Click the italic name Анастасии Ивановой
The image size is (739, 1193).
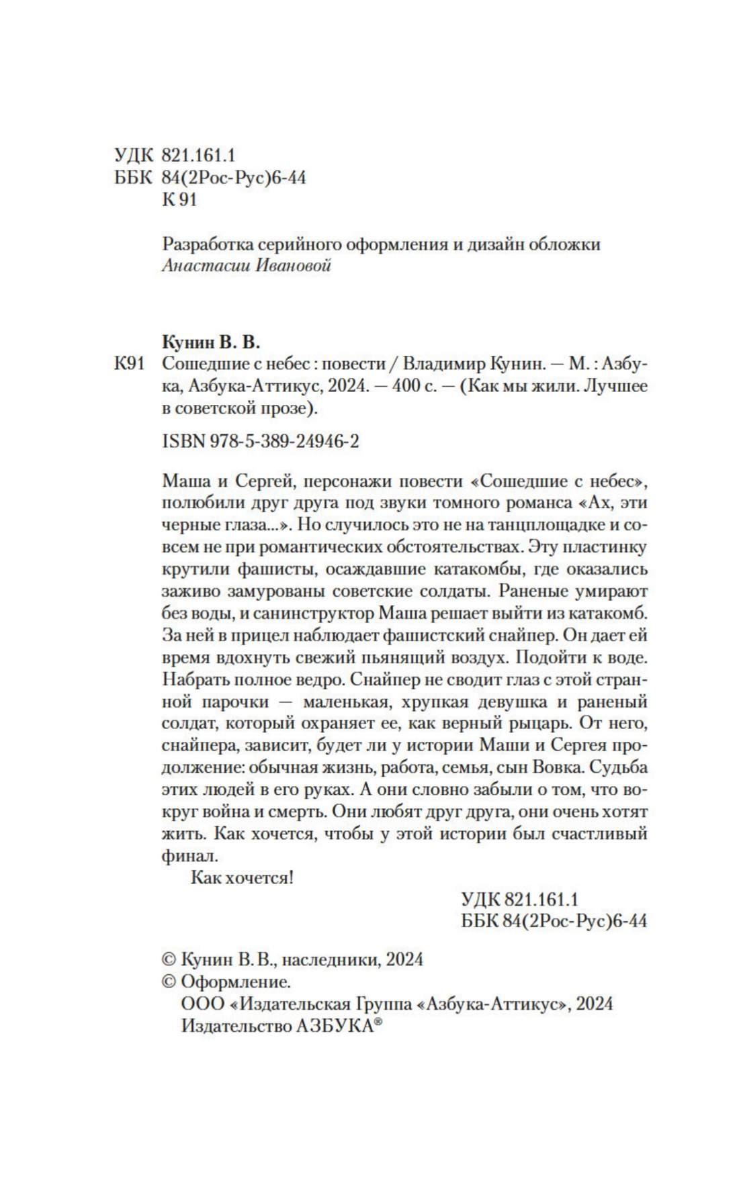(247, 266)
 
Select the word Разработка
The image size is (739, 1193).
(202, 244)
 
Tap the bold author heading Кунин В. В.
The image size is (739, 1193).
(210, 342)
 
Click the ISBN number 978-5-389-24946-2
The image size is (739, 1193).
(276, 440)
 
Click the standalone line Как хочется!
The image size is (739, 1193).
(242, 877)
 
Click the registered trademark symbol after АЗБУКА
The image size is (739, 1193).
(378, 1022)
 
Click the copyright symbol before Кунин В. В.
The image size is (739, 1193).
(169, 959)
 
